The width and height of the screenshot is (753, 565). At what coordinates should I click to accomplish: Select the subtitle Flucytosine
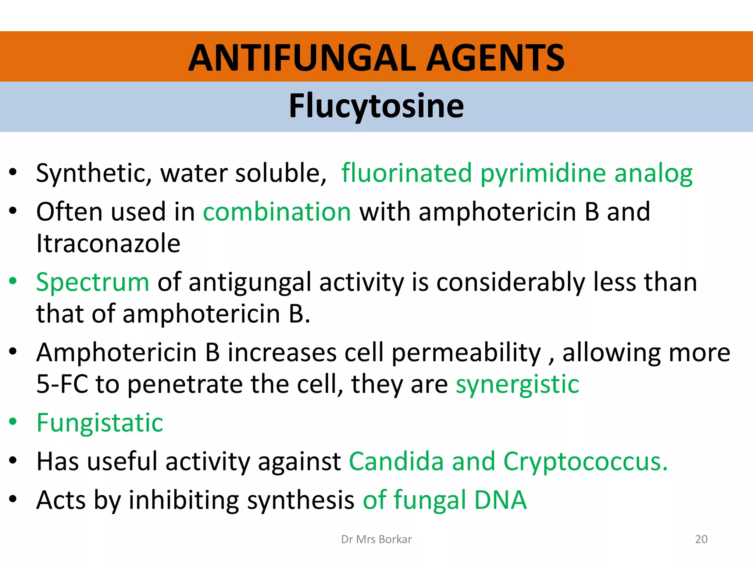click(376, 106)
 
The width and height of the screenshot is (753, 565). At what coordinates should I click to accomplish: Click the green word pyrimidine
click(543, 173)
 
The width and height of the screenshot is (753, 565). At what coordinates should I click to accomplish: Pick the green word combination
click(277, 212)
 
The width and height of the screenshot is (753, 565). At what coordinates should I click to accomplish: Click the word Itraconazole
click(108, 244)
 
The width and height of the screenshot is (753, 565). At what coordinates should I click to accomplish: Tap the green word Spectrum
click(93, 282)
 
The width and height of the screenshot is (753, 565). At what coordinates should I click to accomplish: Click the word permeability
click(466, 353)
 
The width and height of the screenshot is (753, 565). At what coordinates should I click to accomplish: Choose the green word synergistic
click(517, 384)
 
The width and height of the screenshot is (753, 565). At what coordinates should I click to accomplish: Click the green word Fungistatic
click(100, 423)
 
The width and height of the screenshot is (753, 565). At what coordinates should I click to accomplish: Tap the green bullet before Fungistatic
click(13, 422)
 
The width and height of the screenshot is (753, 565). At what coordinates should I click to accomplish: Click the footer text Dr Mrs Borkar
click(376, 539)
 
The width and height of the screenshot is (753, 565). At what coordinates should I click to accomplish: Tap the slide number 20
click(701, 539)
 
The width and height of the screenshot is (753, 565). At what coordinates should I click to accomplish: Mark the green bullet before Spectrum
click(13, 281)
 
